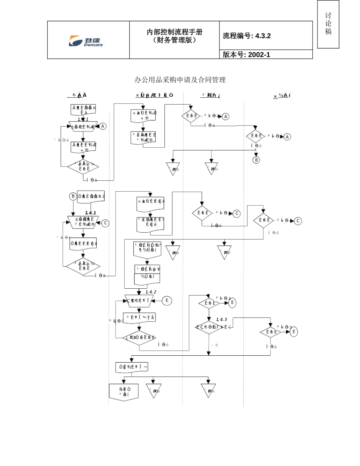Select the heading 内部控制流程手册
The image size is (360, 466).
coord(174,32)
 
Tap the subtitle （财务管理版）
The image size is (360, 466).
coord(174,40)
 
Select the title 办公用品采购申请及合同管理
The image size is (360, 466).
coord(180,80)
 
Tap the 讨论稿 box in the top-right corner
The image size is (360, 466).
coord(328,24)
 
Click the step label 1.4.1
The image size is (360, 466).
coord(90,213)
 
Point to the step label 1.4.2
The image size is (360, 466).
coord(151,292)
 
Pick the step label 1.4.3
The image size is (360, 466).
coord(221,319)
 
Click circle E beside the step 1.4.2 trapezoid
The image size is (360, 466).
coord(167,301)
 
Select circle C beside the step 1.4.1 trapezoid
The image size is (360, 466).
coord(105,223)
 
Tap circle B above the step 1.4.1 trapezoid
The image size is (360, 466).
coord(73,196)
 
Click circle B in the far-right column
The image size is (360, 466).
coord(256,160)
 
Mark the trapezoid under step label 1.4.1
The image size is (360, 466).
coord(83,222)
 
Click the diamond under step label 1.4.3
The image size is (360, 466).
coord(209,327)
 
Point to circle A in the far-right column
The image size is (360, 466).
coord(287,137)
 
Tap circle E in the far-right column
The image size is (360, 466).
coord(293,332)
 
